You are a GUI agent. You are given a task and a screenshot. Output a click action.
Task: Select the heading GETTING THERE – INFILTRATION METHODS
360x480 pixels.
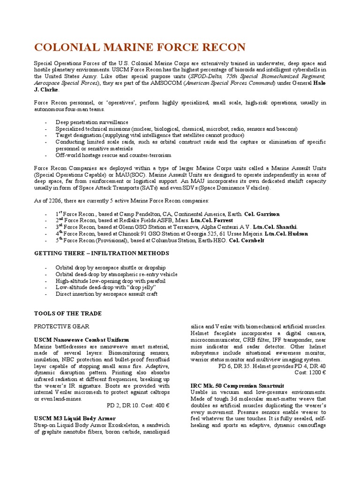(x=102, y=253)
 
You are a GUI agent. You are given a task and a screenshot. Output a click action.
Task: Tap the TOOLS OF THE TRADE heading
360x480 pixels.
(x=68, y=313)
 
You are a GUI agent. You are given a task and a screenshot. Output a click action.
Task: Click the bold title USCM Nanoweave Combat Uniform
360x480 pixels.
(x=82, y=339)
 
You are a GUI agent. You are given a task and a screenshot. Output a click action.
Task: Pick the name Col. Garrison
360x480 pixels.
(x=262, y=214)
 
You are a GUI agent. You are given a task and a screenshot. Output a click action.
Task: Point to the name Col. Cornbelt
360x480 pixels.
(x=247, y=240)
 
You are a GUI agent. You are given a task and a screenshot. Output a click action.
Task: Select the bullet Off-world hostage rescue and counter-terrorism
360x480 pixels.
(x=113, y=155)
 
